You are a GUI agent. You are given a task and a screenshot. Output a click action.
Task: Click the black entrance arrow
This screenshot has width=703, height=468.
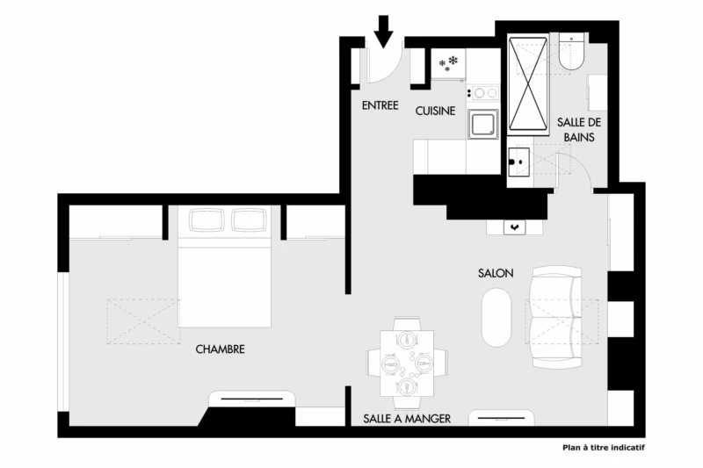[384, 32]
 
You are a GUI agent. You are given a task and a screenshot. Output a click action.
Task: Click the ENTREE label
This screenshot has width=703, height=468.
[380, 105]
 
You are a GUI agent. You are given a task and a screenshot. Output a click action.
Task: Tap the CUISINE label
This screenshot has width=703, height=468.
[435, 111]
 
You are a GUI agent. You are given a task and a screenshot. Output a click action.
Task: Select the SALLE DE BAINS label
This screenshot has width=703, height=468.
[579, 130]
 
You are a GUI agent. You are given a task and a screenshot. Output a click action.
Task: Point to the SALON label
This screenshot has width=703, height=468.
[496, 273]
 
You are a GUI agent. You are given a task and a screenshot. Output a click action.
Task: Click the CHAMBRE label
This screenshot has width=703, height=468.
[221, 349]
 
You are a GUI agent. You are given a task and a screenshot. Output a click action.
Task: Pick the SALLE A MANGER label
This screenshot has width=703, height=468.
[407, 419]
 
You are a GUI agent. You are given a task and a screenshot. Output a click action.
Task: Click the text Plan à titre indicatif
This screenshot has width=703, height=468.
[604, 448]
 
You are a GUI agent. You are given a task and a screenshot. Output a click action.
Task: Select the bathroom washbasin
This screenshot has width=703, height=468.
[518, 162]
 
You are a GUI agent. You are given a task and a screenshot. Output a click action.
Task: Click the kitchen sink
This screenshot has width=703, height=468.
[482, 125]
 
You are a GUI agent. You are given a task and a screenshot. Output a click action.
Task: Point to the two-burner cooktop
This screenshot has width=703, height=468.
[482, 93]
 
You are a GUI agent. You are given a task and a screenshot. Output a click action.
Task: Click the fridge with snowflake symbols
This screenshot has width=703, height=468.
[448, 64]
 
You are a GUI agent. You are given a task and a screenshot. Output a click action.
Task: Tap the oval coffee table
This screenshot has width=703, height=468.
[496, 317]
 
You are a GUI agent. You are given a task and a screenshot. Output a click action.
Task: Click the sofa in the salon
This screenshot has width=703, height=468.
[556, 318]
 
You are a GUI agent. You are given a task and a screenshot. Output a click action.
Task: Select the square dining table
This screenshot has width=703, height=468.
[407, 364]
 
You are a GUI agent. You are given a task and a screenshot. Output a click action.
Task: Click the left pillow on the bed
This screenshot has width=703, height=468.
[207, 220]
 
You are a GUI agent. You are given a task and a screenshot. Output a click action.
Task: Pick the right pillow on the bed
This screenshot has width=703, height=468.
[250, 220]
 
